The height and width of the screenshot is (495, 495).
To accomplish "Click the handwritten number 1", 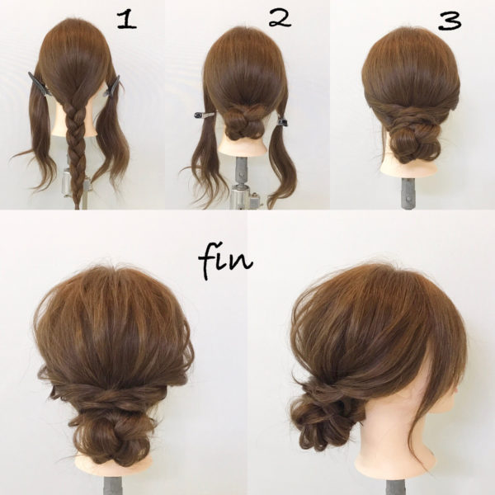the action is pos(126,20).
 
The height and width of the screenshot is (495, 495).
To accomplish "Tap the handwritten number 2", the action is pos(280,18).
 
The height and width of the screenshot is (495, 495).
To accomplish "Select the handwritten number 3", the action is pos(450,21).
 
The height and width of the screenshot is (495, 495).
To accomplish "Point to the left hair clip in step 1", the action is pos(39,83).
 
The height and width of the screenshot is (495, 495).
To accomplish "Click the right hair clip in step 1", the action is pos(112,86).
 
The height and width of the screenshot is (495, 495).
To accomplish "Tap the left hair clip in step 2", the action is pos(205,115).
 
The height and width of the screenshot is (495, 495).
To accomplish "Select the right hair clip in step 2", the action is pos(282,121).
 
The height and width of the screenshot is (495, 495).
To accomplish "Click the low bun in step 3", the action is pos(414,140).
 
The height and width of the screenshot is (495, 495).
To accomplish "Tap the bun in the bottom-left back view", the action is pos(113,431).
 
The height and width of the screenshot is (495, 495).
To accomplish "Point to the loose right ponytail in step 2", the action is pos(282,161).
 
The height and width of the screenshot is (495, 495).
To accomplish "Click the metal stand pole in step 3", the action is pos(408,193).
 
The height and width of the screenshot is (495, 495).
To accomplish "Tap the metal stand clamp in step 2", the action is pos(244,196).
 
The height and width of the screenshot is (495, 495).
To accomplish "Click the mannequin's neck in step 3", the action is pos(409,168).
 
